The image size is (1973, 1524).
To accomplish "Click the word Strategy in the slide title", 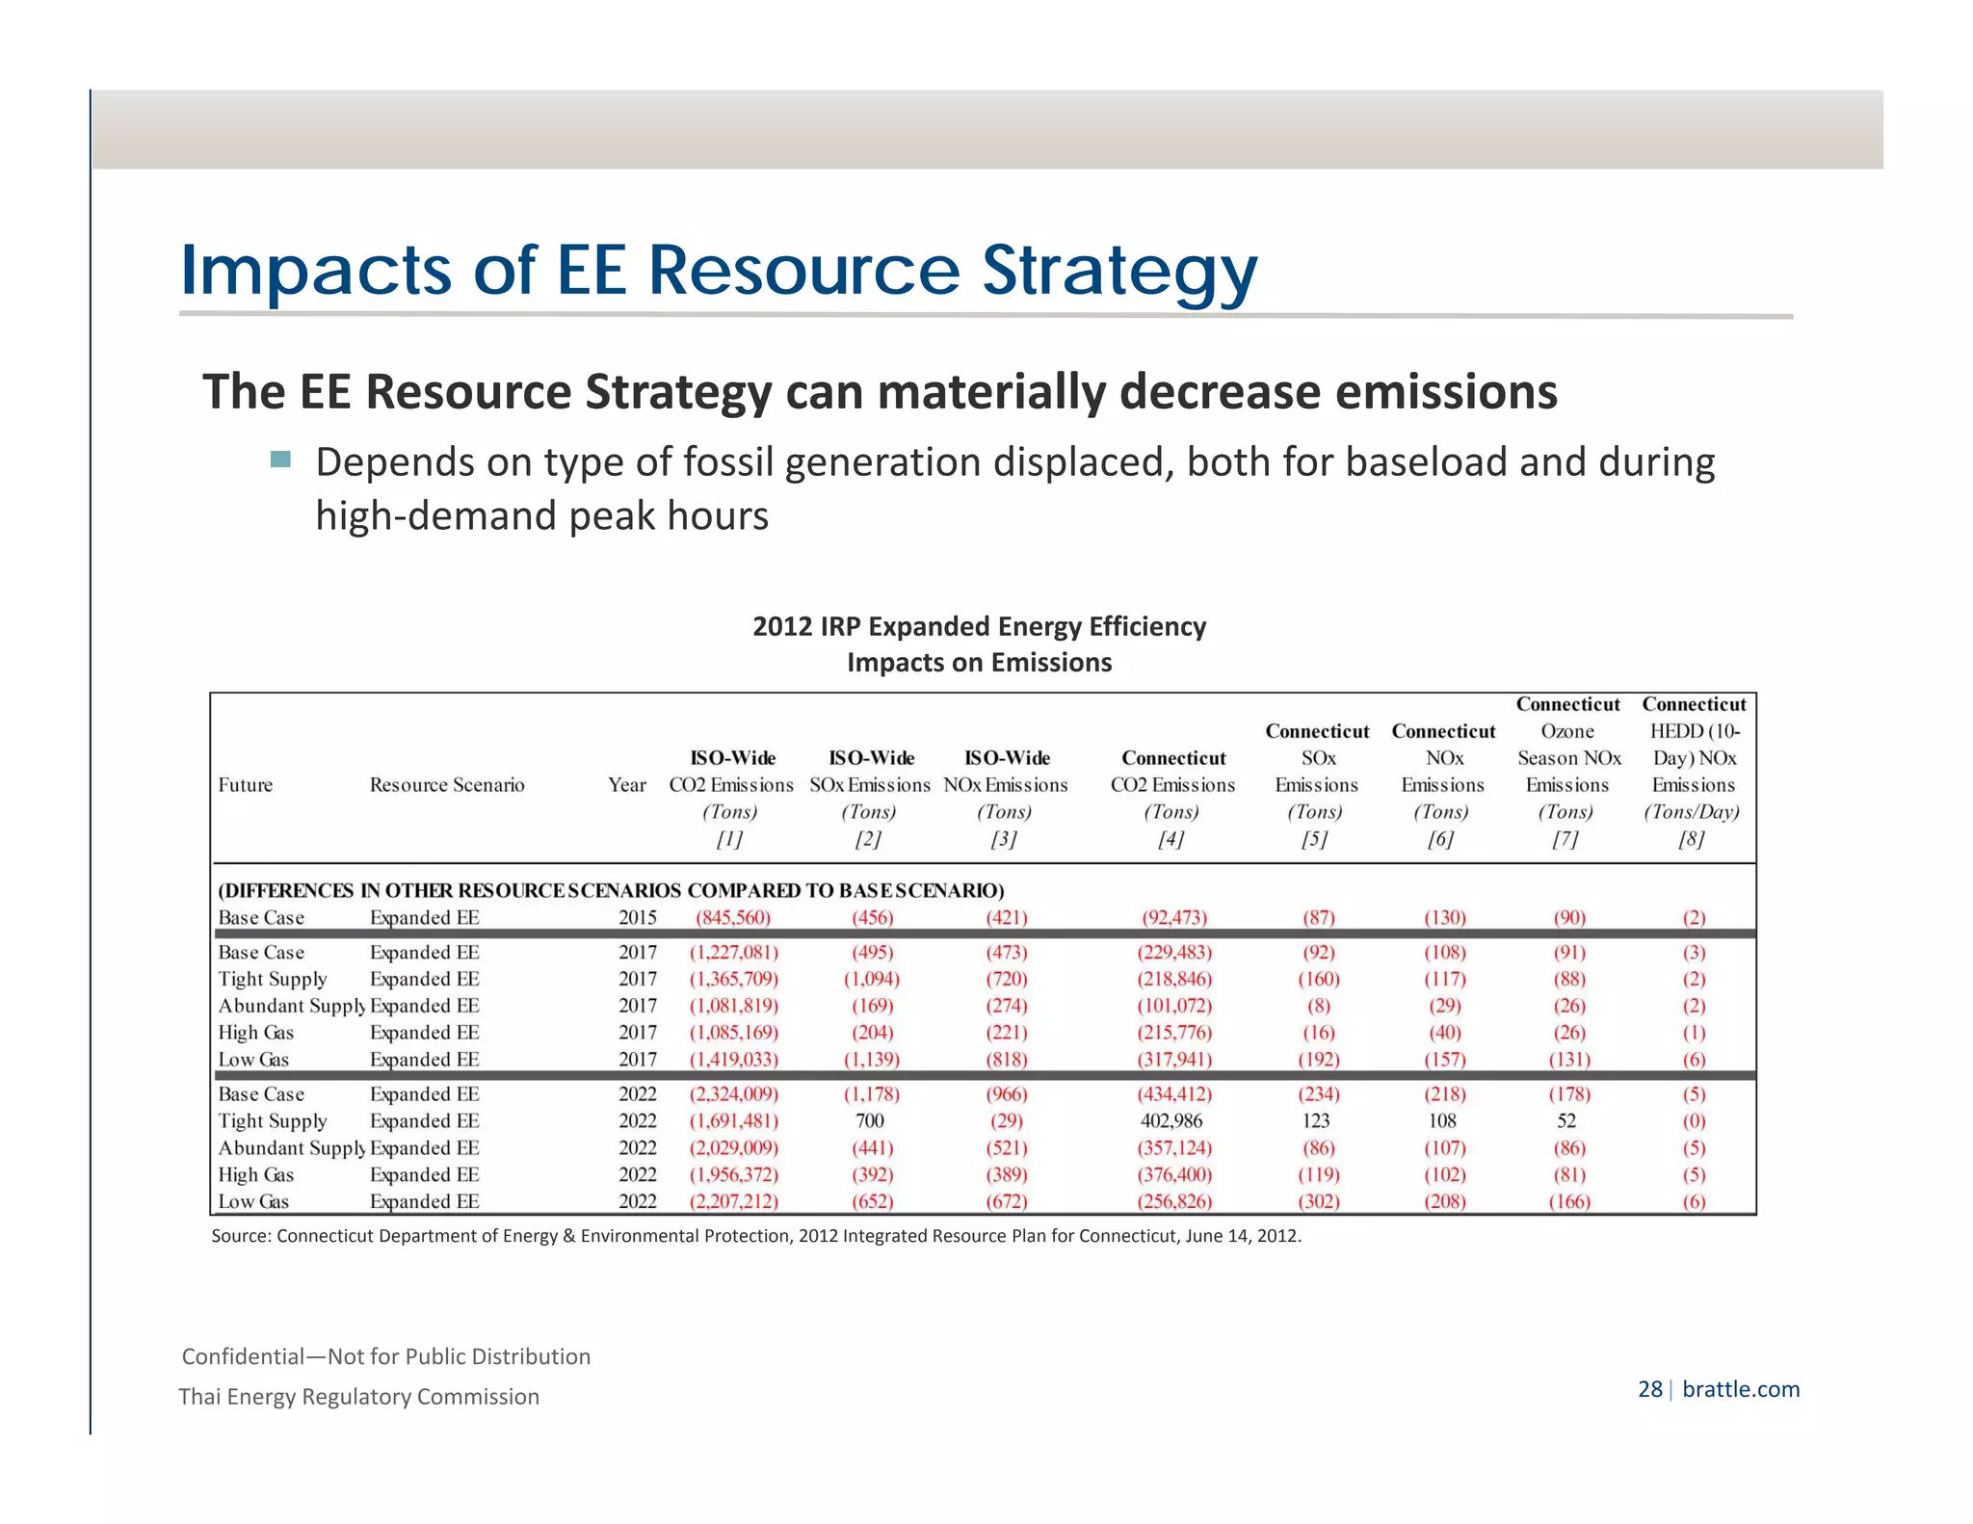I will tap(1118, 271).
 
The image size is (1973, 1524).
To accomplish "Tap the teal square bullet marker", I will tap(280, 460).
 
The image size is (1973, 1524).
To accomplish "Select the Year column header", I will tap(626, 785).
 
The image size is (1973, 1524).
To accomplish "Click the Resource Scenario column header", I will tap(447, 785).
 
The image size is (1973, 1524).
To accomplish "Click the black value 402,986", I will tap(1171, 1121).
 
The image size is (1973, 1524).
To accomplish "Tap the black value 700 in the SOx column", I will tap(869, 1121).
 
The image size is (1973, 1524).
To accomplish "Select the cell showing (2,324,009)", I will tap(733, 1094).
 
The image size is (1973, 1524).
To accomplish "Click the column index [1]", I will tap(729, 839).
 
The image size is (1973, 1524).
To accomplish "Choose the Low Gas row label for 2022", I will tap(253, 1202).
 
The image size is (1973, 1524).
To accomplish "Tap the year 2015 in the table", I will tap(637, 918).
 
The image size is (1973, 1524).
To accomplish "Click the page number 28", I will tap(1649, 1389).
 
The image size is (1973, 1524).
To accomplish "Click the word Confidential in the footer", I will tap(243, 1357).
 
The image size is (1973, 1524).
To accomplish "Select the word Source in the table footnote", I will tap(239, 1236).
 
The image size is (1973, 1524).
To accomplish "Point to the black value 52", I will tap(1566, 1121).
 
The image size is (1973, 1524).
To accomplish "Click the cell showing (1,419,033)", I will tap(733, 1060).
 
